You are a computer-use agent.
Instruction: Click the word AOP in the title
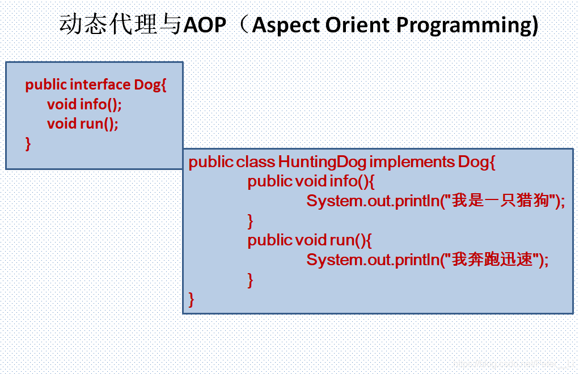click(205, 25)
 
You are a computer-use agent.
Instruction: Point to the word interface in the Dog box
click(100, 84)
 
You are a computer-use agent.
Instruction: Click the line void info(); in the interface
click(84, 104)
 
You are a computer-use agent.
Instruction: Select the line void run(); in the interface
click(83, 124)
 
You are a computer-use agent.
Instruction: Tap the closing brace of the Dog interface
click(28, 143)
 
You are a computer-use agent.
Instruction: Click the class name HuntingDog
click(322, 162)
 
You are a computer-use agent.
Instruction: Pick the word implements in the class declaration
click(412, 162)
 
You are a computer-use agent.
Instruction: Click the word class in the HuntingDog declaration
click(256, 161)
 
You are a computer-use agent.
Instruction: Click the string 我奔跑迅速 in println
click(492, 260)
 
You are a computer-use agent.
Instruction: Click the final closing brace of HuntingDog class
click(191, 299)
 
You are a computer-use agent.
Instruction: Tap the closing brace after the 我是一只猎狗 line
click(250, 221)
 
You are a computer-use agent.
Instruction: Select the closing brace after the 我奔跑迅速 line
click(250, 280)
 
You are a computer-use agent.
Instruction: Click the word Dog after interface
click(147, 85)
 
